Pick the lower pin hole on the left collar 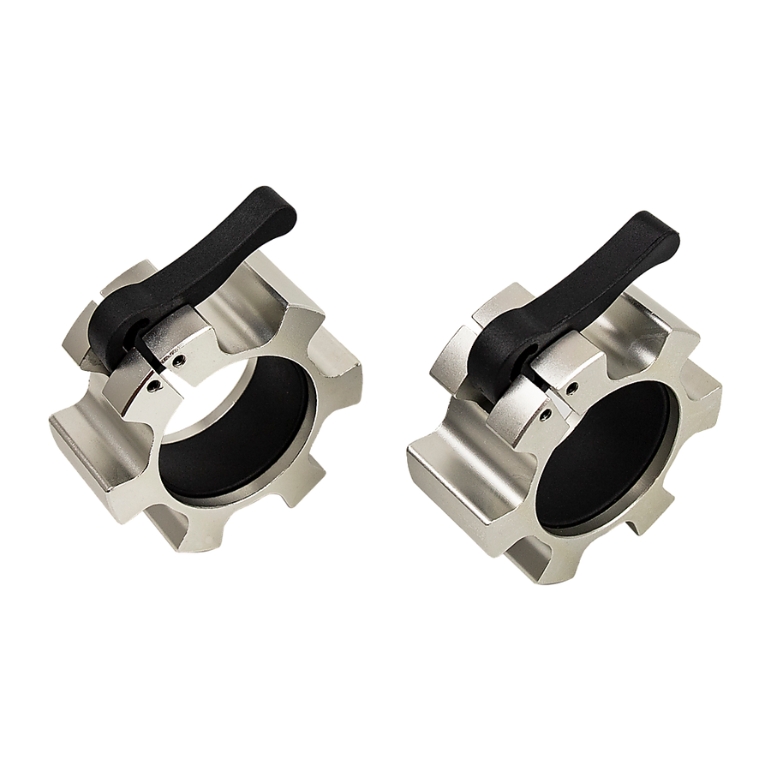(x=152, y=387)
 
